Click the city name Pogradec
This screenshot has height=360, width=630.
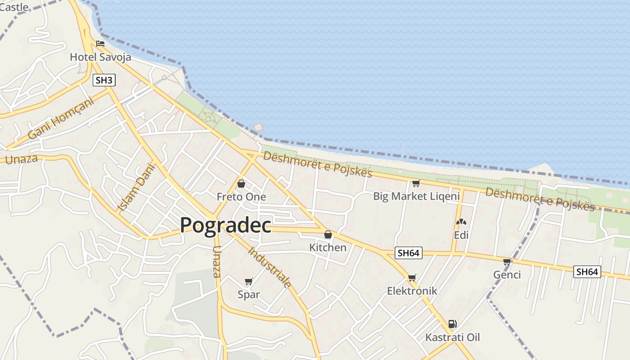(225, 225)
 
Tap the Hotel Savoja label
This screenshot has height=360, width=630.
(100, 57)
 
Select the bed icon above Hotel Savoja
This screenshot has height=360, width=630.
(100, 44)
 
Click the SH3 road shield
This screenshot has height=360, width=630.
(104, 81)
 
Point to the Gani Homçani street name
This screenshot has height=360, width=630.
(61, 119)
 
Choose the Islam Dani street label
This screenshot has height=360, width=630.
(136, 187)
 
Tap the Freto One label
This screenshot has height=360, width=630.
(241, 197)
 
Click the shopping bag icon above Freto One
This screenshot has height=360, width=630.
(241, 184)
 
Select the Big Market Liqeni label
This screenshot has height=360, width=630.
(416, 196)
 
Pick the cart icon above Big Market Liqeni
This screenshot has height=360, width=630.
(416, 183)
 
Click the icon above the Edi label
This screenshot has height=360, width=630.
(461, 222)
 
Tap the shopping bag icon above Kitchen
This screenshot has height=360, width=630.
(328, 234)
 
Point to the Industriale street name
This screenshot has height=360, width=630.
(270, 267)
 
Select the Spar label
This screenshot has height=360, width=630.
(249, 294)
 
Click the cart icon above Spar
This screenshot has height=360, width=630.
(248, 281)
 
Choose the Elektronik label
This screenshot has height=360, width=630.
(412, 291)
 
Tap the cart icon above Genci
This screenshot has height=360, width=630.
(507, 261)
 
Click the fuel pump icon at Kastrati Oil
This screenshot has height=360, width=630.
(452, 324)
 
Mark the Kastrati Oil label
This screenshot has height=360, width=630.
(453, 337)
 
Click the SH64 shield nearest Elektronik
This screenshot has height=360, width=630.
(409, 253)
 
